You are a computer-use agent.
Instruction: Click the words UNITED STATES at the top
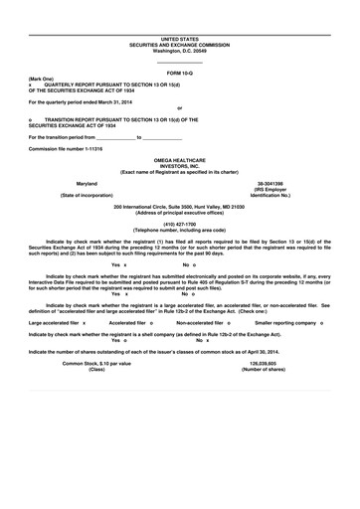pyautogui.click(x=179, y=35)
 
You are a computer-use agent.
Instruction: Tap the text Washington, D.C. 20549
pyautogui.click(x=179, y=51)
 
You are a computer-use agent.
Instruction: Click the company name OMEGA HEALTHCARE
pyautogui.click(x=179, y=159)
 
